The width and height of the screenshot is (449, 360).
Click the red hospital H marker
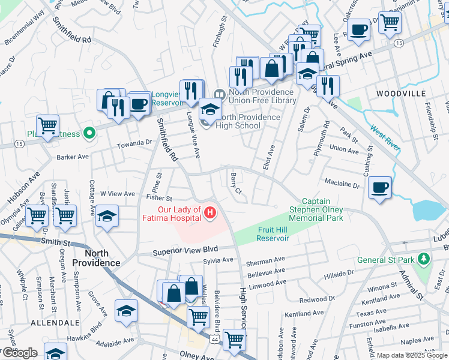coord(210,212)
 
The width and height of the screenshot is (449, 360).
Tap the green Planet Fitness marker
coord(89,133)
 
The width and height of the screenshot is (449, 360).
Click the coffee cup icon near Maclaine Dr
coord(380,187)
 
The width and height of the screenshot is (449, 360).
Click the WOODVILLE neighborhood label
coord(401,94)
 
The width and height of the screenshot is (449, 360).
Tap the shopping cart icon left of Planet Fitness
coord(47,125)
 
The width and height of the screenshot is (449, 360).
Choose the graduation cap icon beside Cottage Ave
coord(107,216)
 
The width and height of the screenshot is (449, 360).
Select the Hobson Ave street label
coord(23,188)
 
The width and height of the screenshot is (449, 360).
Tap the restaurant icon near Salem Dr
coord(328,86)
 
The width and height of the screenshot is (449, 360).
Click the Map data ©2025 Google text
coord(412,355)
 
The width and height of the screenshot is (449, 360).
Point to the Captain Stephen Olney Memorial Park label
coord(316,210)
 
